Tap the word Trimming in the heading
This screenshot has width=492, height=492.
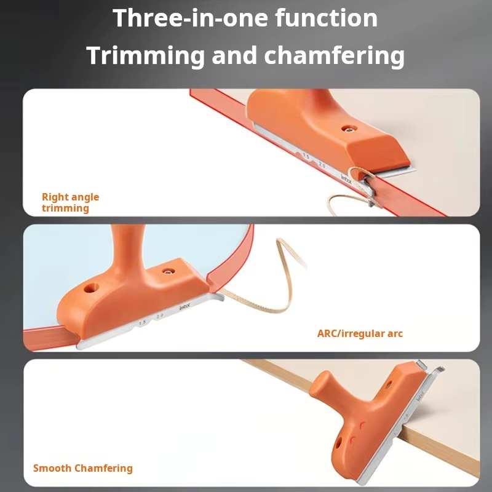pos(145,56)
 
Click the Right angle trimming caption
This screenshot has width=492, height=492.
pos(70,202)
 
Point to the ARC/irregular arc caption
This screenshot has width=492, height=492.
pos(360,334)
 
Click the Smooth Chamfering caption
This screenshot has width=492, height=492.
pos(82,468)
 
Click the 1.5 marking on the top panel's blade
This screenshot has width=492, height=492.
pos(306,157)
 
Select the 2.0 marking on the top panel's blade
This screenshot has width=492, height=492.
pos(322,165)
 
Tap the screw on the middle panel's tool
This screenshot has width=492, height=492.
pos(166,271)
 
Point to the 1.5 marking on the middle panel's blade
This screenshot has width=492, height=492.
pos(142,322)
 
